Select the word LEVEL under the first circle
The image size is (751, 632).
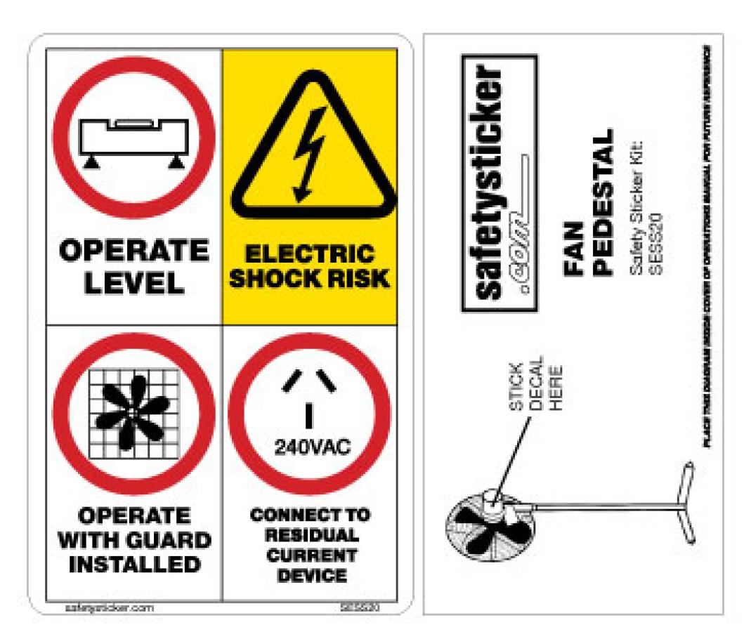coord(133,282)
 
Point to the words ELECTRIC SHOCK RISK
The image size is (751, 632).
coord(310,266)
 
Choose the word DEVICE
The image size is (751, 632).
coord(310,576)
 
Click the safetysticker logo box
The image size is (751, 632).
coord(499,183)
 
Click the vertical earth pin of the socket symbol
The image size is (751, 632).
coord(308,416)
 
